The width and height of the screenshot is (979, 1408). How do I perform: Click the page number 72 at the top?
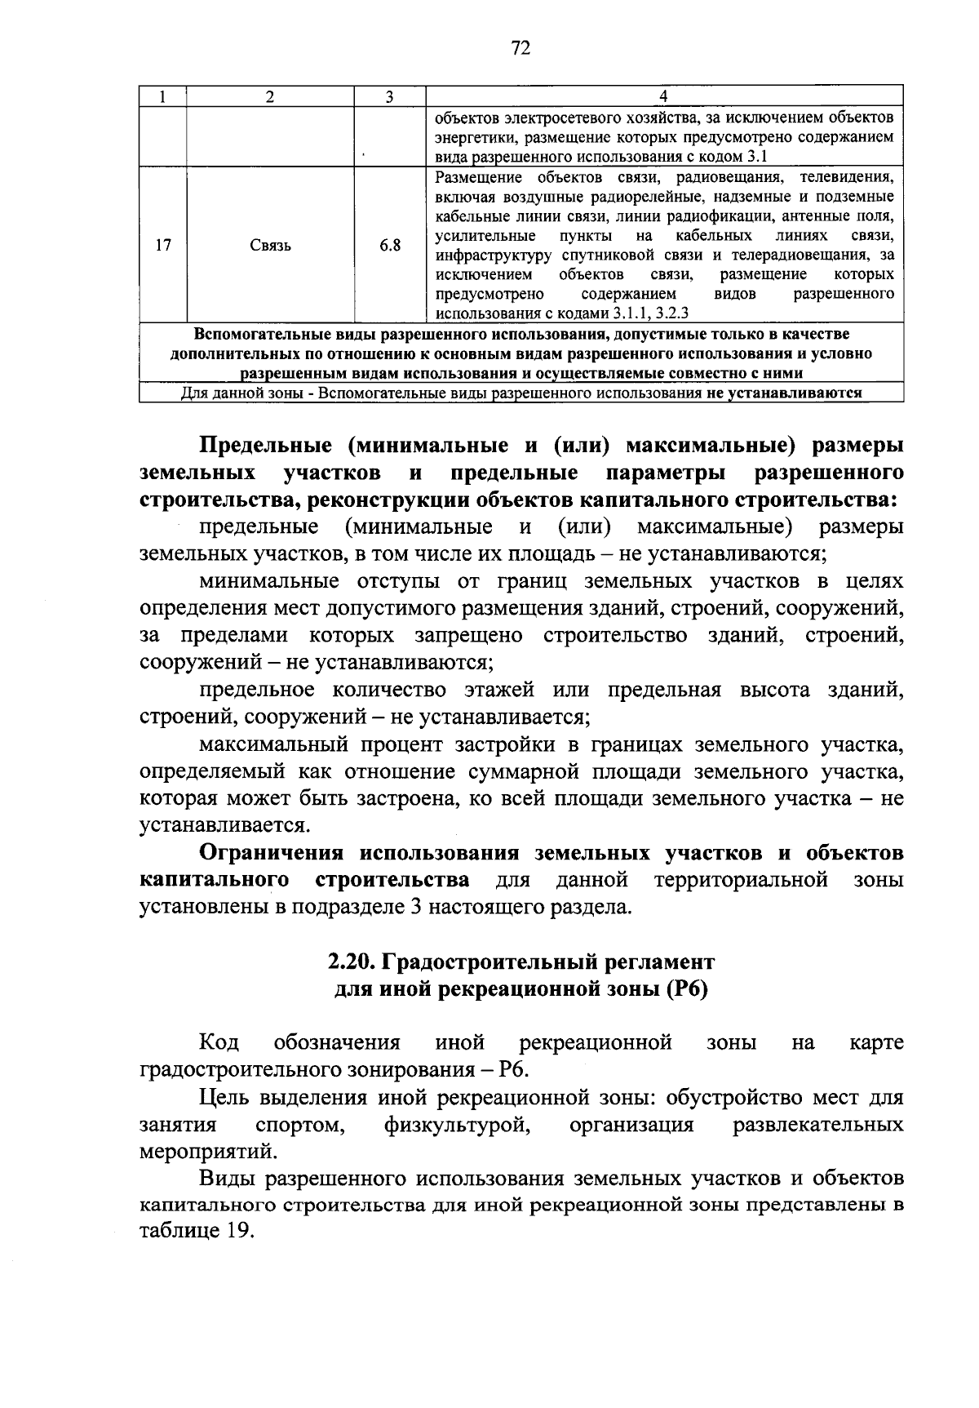(x=521, y=49)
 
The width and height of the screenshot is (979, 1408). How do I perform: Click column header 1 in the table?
(x=163, y=96)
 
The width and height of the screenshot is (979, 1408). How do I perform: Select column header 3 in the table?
(x=389, y=96)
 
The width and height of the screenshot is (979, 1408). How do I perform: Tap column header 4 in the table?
(x=663, y=96)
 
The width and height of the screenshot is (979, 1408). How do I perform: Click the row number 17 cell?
(x=163, y=244)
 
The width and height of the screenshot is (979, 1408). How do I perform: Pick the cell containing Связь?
(x=270, y=245)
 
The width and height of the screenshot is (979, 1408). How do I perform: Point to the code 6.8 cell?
(x=389, y=244)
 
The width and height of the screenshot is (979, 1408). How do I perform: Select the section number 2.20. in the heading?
(x=351, y=962)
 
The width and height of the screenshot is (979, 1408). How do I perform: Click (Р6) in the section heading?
(x=686, y=989)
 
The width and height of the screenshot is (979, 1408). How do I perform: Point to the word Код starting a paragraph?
(x=219, y=1043)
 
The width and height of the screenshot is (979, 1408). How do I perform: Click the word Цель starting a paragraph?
(x=224, y=1098)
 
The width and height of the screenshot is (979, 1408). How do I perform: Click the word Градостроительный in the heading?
(x=491, y=962)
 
